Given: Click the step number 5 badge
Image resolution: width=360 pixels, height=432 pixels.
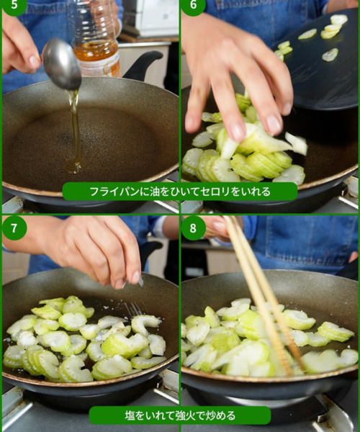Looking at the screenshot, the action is [14, 6].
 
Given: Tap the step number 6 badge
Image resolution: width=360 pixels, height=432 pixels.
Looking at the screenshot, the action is [194, 6].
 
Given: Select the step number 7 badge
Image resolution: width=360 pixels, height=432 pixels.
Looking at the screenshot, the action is [14, 228].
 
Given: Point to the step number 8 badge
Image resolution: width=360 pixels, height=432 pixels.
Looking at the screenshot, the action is [194, 228].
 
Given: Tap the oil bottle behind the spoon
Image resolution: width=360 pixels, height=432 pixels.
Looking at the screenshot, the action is [95, 39].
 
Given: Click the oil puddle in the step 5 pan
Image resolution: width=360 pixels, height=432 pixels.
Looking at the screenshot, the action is [73, 166].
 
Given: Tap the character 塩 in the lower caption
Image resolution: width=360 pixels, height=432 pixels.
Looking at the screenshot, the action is [130, 415].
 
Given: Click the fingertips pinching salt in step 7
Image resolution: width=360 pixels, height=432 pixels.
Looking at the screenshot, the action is [132, 279].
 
